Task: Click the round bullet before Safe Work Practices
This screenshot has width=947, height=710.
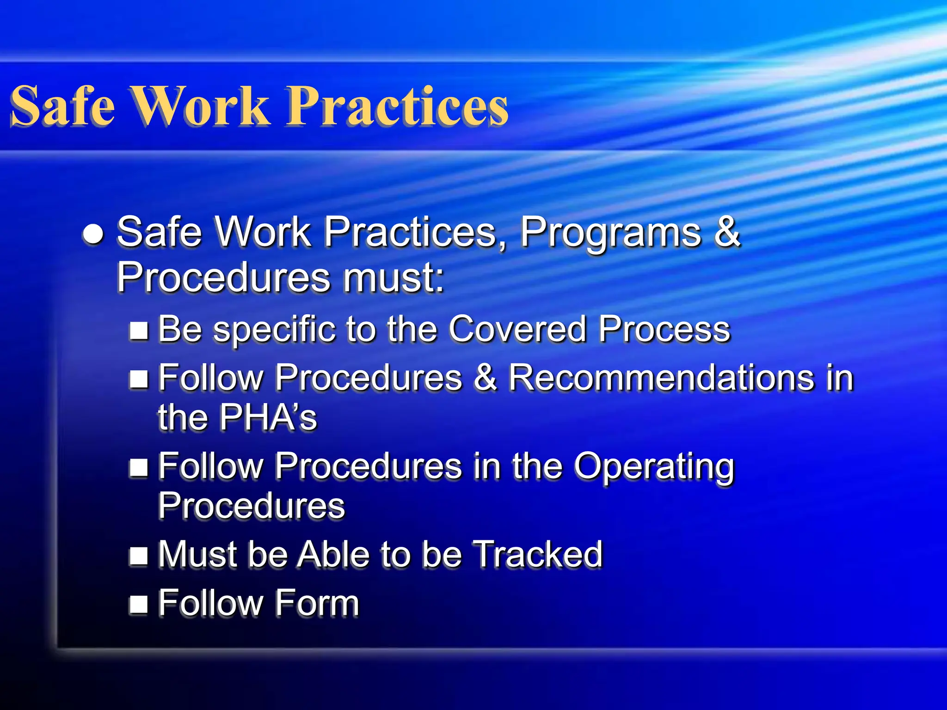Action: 93,234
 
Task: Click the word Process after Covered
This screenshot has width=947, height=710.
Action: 664,329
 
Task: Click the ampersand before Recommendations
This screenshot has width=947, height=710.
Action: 486,378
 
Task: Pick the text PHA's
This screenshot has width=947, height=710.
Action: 268,417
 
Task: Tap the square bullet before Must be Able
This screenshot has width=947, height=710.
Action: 139,556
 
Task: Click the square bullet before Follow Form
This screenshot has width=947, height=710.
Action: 139,604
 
